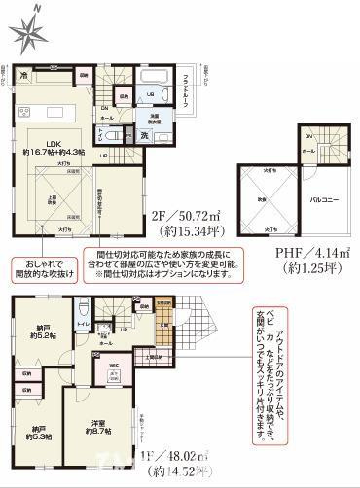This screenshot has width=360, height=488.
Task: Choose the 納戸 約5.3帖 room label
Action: [x=38, y=431]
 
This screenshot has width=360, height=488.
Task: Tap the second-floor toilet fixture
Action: [x=106, y=136]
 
